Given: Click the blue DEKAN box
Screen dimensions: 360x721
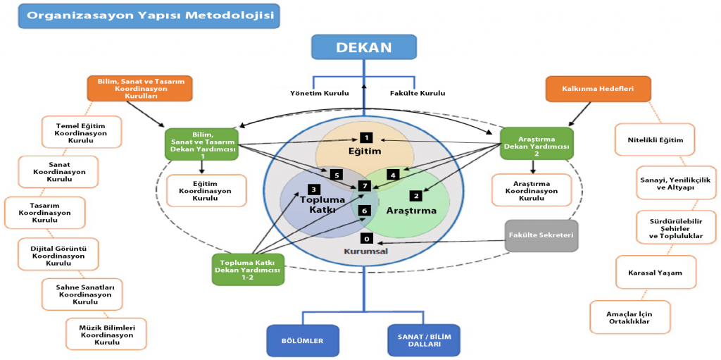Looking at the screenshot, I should pyautogui.click(x=364, y=48).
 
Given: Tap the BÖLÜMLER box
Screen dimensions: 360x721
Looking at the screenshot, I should pyautogui.click(x=302, y=340).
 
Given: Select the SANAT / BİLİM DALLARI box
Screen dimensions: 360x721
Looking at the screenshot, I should pyautogui.click(x=424, y=340).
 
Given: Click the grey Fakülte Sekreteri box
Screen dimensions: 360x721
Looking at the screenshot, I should pyautogui.click(x=541, y=235).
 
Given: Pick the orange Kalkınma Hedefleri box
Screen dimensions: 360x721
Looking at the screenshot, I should pyautogui.click(x=588, y=89).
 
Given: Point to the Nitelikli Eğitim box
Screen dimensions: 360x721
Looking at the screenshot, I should pyautogui.click(x=655, y=139).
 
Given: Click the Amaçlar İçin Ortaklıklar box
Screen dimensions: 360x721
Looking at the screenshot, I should pyautogui.click(x=629, y=317).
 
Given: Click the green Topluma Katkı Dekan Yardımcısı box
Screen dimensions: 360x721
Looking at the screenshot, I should pyautogui.click(x=248, y=269).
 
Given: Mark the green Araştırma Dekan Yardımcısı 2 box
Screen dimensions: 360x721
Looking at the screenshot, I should pyautogui.click(x=537, y=143).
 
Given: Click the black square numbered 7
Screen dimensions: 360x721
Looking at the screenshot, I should pyautogui.click(x=364, y=186).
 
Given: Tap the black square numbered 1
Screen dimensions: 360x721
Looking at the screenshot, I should pyautogui.click(x=365, y=137).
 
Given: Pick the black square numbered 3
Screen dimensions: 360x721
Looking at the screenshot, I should pyautogui.click(x=313, y=190).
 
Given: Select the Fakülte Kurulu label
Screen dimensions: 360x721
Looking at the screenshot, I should pyautogui.click(x=418, y=93).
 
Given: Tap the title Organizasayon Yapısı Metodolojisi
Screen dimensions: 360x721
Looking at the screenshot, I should pyautogui.click(x=149, y=16).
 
